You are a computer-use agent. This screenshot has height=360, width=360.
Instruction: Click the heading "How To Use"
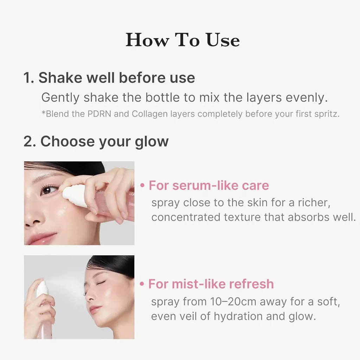(x=183, y=40)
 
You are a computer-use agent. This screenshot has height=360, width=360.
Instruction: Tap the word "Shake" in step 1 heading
(x=60, y=77)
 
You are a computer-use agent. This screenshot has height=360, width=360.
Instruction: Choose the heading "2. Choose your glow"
(x=96, y=142)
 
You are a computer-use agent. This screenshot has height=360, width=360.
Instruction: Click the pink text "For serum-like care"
(x=209, y=185)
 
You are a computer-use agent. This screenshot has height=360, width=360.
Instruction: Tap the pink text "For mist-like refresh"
(x=211, y=284)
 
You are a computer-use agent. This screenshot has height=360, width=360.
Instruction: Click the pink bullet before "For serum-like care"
(x=143, y=186)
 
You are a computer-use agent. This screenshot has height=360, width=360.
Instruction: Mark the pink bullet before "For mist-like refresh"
(x=142, y=284)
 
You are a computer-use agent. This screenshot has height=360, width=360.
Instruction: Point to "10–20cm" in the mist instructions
(x=233, y=301)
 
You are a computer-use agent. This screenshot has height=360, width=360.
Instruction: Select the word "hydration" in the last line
(x=238, y=316)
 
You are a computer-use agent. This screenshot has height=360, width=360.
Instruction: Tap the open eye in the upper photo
(x=48, y=190)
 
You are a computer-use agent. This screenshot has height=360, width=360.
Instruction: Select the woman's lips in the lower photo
(x=95, y=310)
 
